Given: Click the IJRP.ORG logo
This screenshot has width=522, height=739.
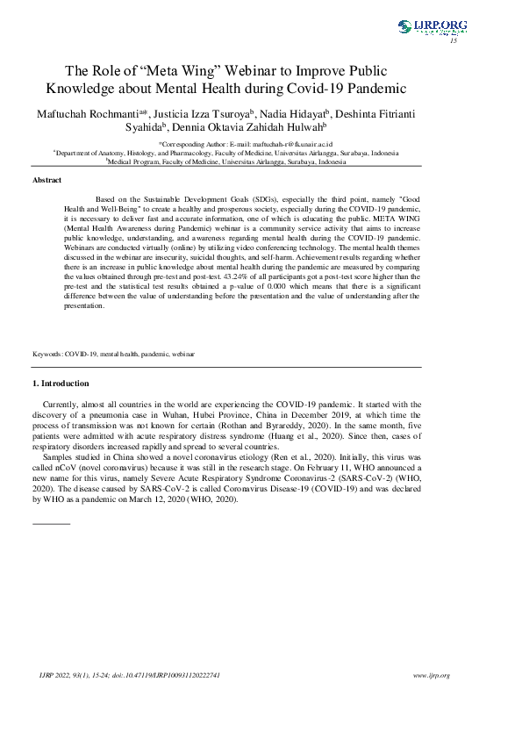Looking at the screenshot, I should coord(432,26).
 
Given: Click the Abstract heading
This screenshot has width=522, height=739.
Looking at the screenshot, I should coord(46,180).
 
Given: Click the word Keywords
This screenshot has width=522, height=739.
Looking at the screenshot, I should coord(47,354).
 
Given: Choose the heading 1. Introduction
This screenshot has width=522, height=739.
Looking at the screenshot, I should coord(60,384).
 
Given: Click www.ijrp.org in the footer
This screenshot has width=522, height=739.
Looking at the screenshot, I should coord(431,675).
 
